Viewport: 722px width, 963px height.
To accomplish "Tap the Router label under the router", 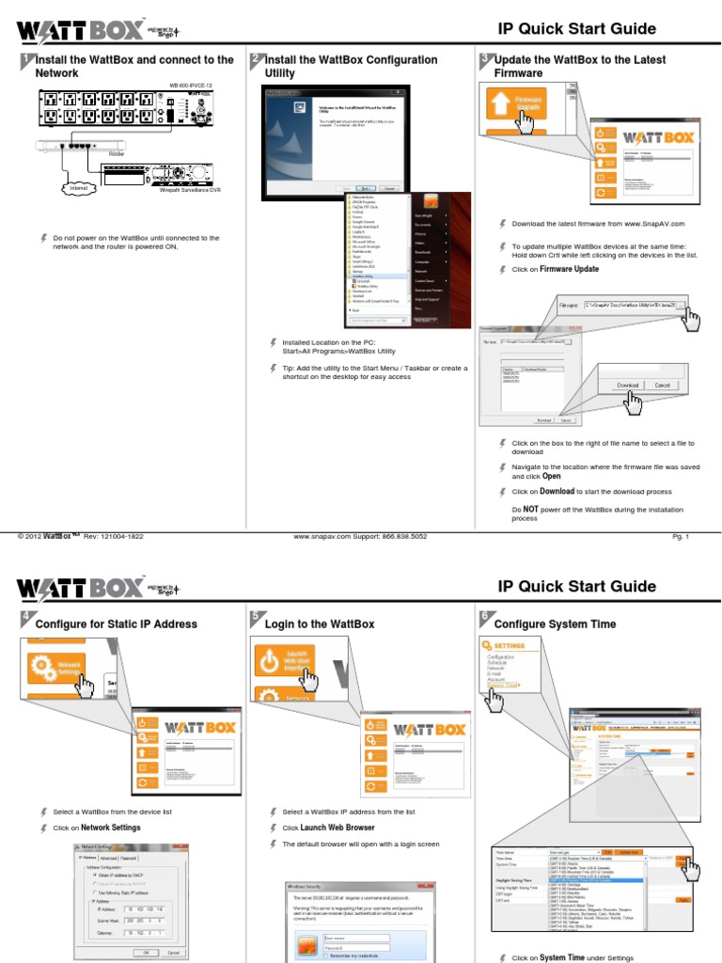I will tap(117, 152).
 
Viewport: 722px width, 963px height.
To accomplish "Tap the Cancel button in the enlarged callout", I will tap(662, 386).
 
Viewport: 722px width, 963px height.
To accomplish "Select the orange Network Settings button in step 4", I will tap(55, 667).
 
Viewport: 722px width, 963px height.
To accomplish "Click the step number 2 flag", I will tap(256, 59).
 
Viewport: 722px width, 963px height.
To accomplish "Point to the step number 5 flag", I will tap(256, 616).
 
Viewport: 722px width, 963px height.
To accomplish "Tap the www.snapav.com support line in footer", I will tap(360, 536).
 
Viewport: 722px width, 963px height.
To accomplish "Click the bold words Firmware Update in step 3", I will tap(569, 269).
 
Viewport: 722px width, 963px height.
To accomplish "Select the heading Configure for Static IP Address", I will tap(116, 624).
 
